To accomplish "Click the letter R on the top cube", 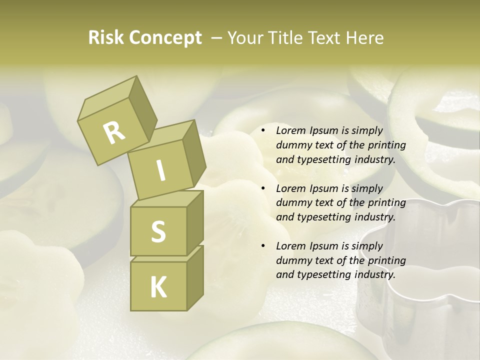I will point(114,132).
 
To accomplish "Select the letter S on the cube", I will point(158,231).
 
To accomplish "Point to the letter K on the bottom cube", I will point(158,287).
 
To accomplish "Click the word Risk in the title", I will point(107,37).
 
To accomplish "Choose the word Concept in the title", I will point(166,37).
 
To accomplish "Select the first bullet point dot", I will point(263,130).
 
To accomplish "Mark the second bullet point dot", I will point(263,188).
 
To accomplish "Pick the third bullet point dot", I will point(263,246).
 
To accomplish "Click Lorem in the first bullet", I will point(289,130).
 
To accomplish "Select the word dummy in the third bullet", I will point(292,260).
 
